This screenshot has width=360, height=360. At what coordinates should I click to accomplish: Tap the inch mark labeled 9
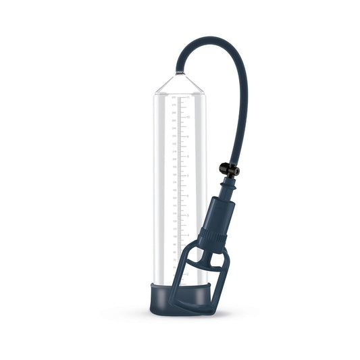coord(188,137)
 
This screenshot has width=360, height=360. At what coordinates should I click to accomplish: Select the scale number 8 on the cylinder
coord(188,157)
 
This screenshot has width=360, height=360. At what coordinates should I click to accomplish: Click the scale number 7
coord(188,176)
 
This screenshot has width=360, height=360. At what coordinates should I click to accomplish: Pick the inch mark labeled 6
coord(188,196)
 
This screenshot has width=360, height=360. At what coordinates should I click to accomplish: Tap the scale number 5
coord(188,215)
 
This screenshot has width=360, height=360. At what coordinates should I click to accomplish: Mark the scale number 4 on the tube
coord(188,235)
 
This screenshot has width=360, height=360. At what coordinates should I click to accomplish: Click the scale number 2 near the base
coord(188,274)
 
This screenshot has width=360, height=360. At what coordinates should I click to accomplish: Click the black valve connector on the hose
coord(229,170)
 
